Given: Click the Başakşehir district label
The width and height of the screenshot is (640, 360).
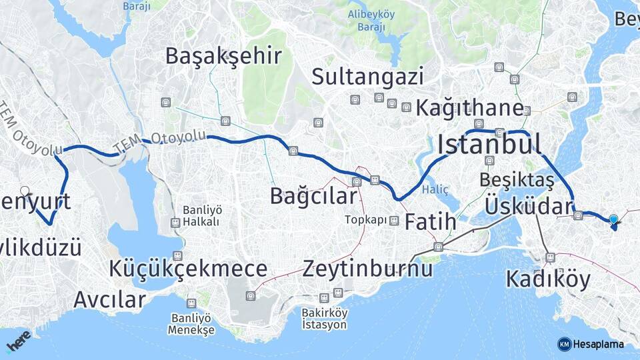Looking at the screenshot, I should [224, 56].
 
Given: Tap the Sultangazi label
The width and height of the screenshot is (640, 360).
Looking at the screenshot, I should [368, 77].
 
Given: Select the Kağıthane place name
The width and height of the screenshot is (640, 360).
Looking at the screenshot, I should [469, 107].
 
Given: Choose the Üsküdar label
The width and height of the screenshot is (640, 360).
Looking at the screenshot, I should [529, 206].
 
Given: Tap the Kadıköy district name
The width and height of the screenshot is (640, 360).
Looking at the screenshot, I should [548, 279].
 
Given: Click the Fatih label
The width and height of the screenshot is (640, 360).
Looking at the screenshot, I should [431, 221].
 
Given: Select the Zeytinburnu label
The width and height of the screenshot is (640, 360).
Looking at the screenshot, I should [367, 269].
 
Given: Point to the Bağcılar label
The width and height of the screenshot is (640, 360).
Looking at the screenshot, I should [313, 196].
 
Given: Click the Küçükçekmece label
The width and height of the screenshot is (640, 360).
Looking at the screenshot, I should [189, 269].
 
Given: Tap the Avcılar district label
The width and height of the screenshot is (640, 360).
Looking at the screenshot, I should [109, 299].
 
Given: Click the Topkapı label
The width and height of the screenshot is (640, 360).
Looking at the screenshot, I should [366, 220].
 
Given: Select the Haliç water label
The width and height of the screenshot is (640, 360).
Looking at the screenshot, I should [440, 190].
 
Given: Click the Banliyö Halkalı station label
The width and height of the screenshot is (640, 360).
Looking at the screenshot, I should [184, 214].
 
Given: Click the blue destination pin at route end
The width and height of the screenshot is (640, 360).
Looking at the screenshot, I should [613, 219].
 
